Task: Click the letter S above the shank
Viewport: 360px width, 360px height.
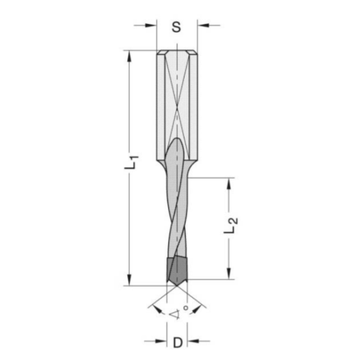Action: pyautogui.click(x=176, y=27)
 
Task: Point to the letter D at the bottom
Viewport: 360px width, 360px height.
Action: pyautogui.click(x=177, y=343)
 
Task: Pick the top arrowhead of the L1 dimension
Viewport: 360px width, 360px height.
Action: pyautogui.click(x=130, y=54)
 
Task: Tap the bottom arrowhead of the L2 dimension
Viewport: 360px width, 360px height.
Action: pyautogui.click(x=226, y=275)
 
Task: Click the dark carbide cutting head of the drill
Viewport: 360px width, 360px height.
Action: pyautogui.click(x=176, y=269)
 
